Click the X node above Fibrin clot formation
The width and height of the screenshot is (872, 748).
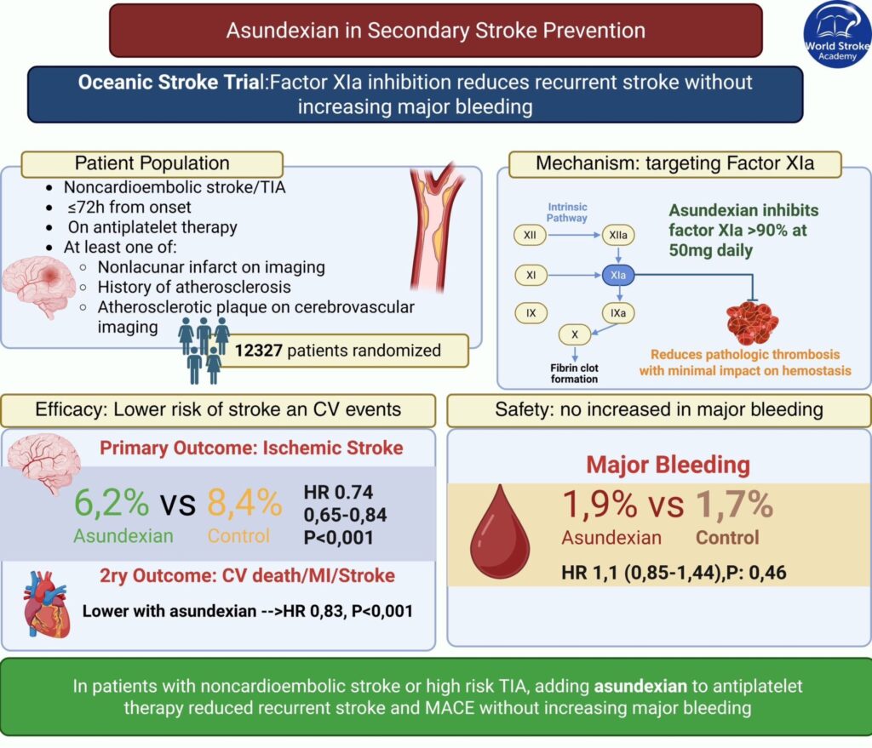[575, 335]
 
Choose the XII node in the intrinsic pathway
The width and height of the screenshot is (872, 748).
[531, 232]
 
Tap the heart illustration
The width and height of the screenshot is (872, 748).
[43, 602]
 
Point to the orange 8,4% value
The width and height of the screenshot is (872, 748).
[244, 504]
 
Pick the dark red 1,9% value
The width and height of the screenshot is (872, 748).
[599, 505]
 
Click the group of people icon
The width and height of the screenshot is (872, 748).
[203, 347]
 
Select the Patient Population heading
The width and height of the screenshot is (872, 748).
[152, 163]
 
